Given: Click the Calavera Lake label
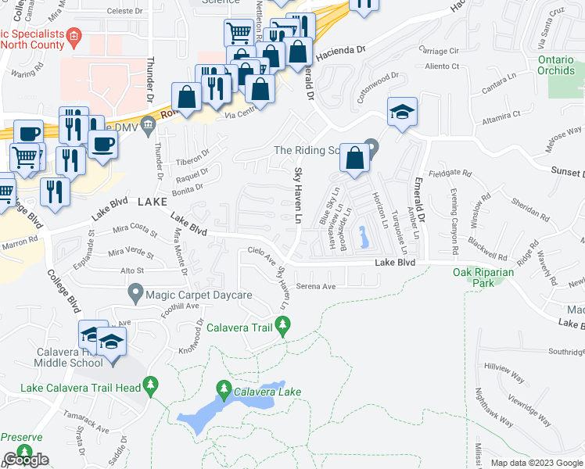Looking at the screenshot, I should [x=270, y=392].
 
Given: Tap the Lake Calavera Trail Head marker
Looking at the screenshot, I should [x=151, y=385].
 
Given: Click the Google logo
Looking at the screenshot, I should [x=26, y=460].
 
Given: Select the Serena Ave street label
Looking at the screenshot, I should [x=315, y=287].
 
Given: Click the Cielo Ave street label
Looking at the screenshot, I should [x=262, y=254].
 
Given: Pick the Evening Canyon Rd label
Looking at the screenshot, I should [x=453, y=222].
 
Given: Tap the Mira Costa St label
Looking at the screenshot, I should [x=135, y=230].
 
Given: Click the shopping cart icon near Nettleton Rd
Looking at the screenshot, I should [x=238, y=32].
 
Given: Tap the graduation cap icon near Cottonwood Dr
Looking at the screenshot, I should [x=402, y=111].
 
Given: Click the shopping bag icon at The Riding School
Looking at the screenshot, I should [x=355, y=157].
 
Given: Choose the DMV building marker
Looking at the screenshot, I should [x=149, y=128].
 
